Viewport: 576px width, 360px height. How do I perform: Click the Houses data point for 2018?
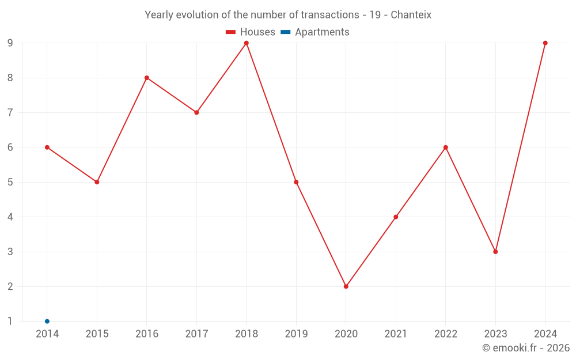coord(247,43)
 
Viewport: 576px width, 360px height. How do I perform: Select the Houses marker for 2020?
coord(346,286)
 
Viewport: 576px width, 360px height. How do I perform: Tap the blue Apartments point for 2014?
coord(47,321)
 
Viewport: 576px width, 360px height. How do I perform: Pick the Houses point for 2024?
coord(545,43)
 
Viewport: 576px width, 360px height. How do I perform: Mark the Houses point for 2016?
coord(147,78)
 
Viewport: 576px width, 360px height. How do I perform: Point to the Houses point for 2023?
coord(495,252)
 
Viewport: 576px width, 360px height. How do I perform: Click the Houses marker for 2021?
coord(396,217)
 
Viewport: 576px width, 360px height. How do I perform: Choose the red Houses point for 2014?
coord(47,147)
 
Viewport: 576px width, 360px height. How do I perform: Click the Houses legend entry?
coord(251,32)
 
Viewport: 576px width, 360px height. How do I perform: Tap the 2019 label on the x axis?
coord(296,334)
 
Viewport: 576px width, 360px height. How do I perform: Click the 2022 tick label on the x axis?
coord(445,334)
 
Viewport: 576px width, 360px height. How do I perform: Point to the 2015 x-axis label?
coord(97,334)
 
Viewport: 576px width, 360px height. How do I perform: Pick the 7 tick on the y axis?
coord(10,112)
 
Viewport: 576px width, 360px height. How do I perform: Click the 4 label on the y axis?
coord(10,217)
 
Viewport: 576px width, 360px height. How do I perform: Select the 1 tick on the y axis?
coord(10,321)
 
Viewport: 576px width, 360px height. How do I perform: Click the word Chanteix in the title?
coord(411,15)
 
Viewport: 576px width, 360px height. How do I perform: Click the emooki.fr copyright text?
coord(526,348)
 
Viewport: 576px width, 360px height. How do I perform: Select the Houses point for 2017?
coord(196,112)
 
